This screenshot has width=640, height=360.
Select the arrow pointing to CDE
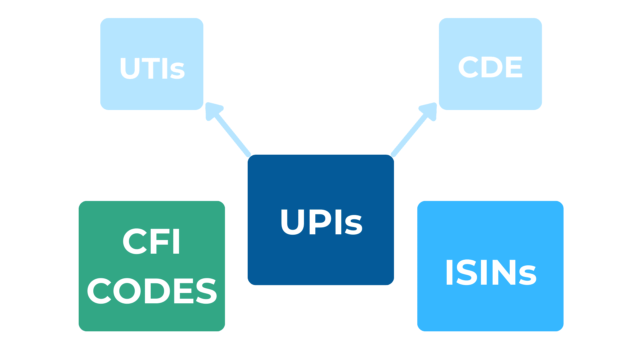(x=412, y=132)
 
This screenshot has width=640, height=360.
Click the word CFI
(x=152, y=242)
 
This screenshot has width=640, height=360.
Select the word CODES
(x=152, y=291)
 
